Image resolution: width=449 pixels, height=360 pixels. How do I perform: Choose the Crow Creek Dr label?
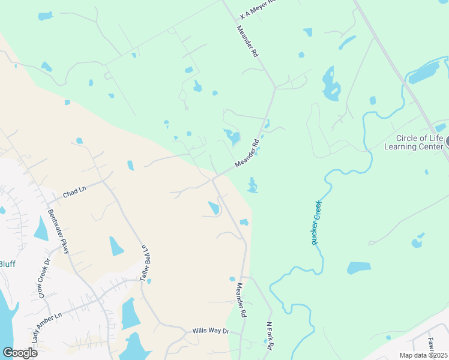pos(43,277)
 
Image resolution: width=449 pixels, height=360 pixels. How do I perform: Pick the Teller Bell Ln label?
pos(145,263)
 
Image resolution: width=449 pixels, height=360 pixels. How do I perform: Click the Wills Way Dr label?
pos(211,331)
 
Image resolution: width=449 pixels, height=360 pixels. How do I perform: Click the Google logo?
pos(20,352)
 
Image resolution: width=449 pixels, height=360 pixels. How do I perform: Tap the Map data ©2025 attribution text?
pos(424,355)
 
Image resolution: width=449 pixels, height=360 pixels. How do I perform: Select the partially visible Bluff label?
pos(7,264)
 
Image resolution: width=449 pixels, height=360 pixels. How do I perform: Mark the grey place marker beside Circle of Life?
pos(446,142)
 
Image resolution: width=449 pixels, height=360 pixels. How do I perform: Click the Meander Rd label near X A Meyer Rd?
pos(247,41)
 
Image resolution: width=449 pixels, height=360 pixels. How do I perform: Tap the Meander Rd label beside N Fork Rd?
pos(241,300)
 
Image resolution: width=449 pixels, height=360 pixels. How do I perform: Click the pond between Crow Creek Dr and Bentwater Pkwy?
pos(41,229)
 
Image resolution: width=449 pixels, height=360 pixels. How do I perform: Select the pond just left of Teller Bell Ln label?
pos(116,246)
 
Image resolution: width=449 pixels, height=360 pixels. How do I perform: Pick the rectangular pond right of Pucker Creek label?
pos(359,268)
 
